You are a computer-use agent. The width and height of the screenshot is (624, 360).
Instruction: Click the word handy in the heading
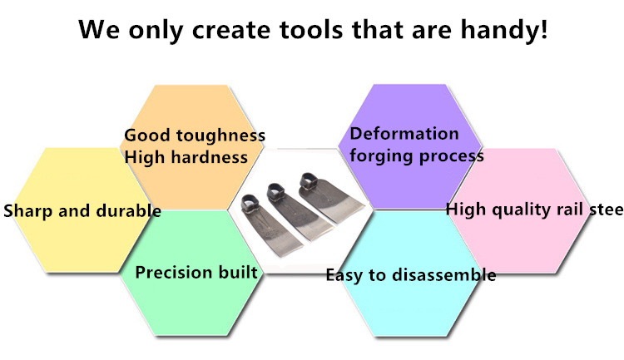[498, 30]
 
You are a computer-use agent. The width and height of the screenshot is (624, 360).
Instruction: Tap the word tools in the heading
[311, 29]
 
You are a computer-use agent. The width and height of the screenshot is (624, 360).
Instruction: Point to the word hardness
[210, 157]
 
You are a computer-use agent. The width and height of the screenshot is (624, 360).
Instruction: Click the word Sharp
[28, 211]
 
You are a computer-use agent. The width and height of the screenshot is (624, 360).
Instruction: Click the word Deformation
[404, 134]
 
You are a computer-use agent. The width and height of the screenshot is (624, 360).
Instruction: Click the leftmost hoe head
[267, 224]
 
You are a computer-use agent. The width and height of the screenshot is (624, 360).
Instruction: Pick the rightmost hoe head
[329, 198]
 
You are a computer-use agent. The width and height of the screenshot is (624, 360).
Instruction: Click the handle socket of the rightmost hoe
[310, 181]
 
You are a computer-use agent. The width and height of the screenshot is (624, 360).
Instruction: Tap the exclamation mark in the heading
[544, 28]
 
